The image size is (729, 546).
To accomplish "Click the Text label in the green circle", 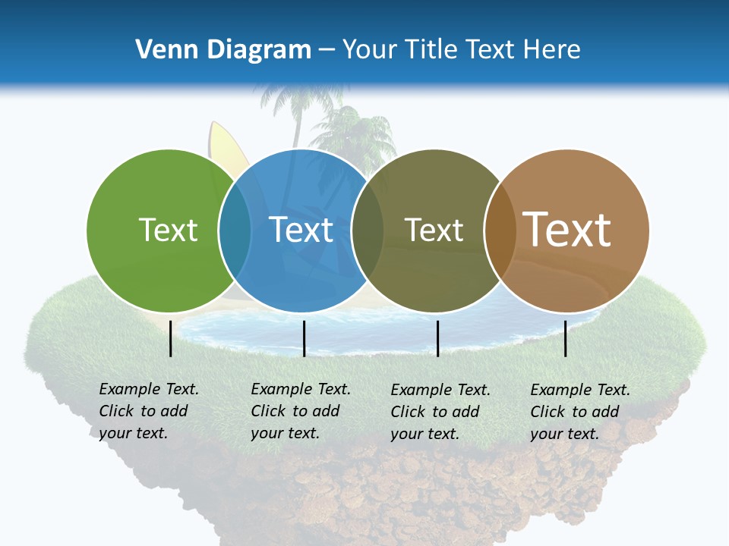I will click(168, 230).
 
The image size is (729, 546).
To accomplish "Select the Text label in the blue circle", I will click(301, 230).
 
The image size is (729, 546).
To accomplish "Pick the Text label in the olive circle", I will click(434, 230).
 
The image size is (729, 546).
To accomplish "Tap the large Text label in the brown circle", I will click(567, 229).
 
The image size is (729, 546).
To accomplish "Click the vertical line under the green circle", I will click(171, 338).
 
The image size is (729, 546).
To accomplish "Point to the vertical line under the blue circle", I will click(304, 338).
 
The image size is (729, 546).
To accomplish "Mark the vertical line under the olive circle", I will click(437, 338).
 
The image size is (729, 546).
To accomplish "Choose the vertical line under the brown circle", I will click(566, 338).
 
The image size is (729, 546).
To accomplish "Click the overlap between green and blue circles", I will click(235, 231).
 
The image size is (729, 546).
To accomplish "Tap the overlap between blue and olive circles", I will click(368, 231).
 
